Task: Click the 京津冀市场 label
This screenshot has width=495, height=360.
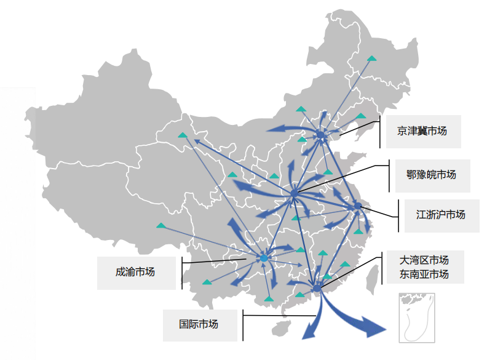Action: (421, 131)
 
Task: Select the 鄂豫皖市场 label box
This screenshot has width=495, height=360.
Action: (430, 175)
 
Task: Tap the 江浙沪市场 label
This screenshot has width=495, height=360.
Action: (440, 215)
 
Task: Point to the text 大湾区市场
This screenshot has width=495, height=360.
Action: (424, 259)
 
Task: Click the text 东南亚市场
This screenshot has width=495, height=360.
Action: (424, 274)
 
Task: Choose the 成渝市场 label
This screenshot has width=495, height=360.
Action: (135, 272)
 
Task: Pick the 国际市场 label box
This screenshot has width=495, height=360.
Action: (199, 324)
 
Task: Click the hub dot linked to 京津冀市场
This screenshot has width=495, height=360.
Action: (320, 134)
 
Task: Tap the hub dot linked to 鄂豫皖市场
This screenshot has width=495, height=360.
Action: (295, 193)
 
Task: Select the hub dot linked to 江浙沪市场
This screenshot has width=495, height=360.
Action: (358, 206)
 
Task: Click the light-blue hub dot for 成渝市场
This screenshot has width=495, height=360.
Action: (264, 258)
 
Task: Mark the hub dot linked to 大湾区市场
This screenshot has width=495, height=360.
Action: (316, 288)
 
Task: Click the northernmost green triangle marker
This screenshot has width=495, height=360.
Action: (371, 58)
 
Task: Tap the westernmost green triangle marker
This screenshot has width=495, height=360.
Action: (160, 226)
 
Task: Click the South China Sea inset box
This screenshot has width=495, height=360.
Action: (417, 317)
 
